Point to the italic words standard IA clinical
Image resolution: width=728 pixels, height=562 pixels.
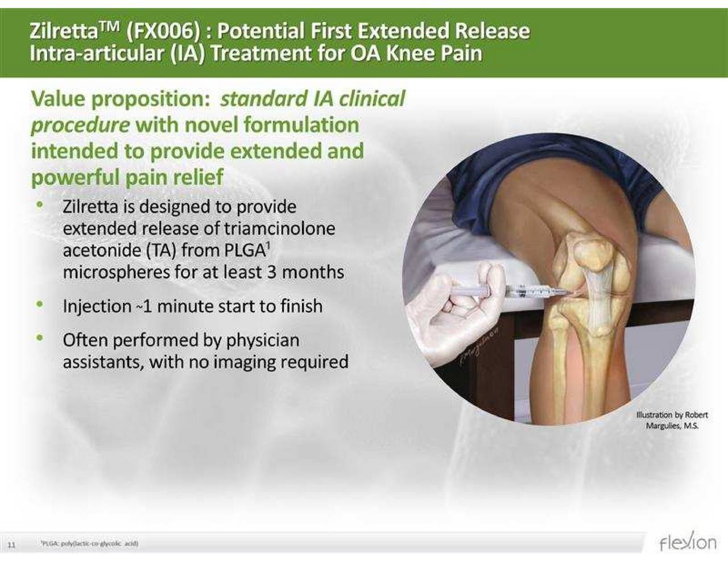click(x=312, y=99)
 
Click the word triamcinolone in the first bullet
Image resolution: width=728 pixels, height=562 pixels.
click(x=279, y=228)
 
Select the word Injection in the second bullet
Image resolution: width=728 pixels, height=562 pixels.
click(x=97, y=306)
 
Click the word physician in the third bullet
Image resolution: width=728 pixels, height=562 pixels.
click(x=262, y=340)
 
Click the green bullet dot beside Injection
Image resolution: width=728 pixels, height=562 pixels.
click(x=39, y=305)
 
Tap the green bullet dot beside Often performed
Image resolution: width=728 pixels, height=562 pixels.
click(x=39, y=339)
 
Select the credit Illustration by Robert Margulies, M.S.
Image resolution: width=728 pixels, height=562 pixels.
click(x=672, y=421)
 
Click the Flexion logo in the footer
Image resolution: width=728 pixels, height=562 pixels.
click(x=688, y=542)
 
